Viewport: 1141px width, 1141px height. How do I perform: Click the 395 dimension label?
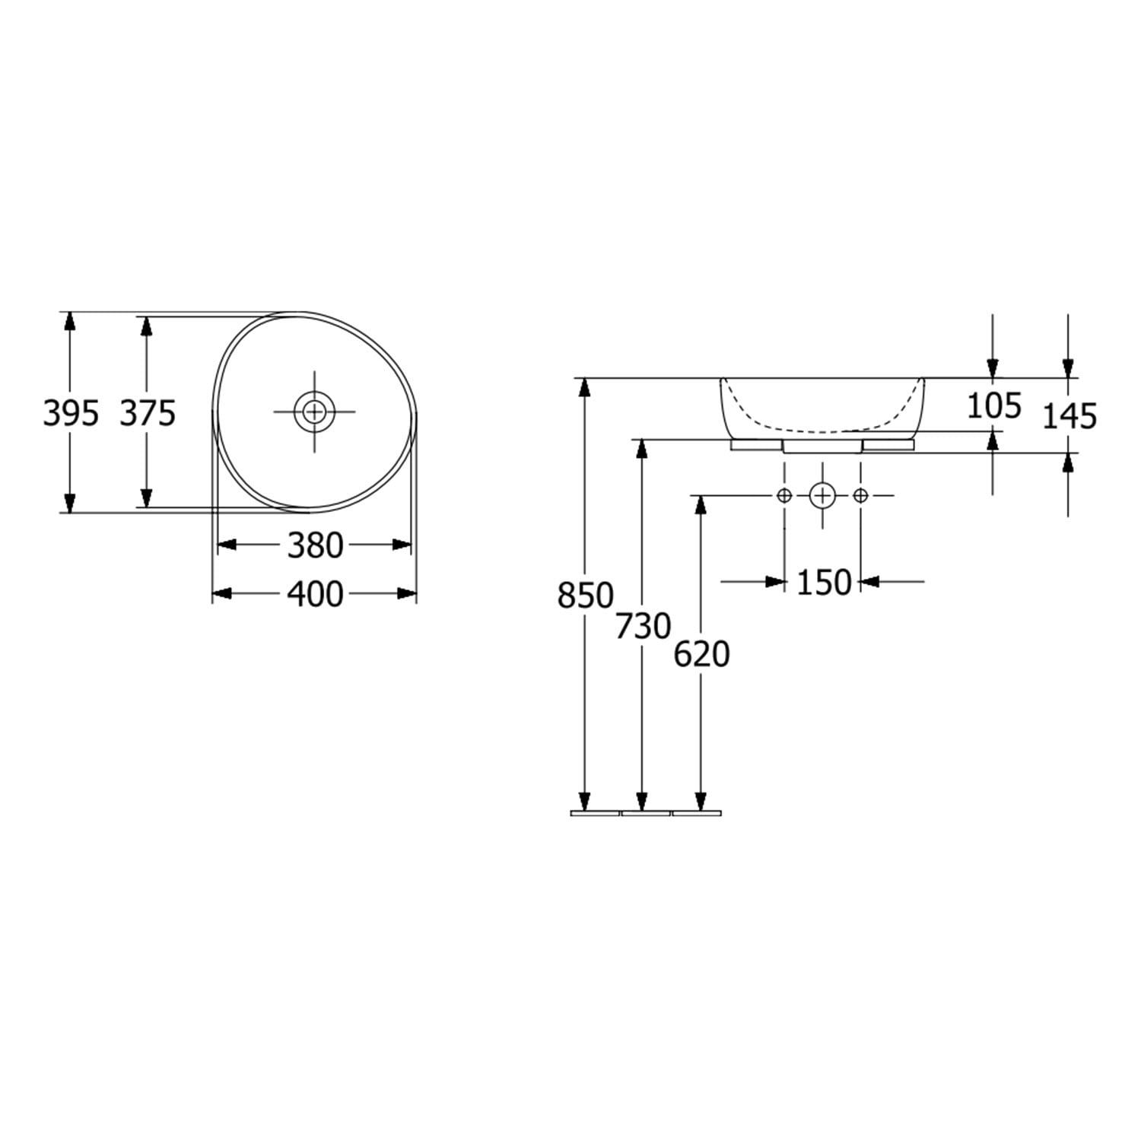pos(71,414)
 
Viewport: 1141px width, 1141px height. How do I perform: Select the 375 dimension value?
pos(148,414)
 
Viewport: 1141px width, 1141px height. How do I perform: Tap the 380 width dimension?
pos(315,545)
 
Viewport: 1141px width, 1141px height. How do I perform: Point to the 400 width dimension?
pos(315,595)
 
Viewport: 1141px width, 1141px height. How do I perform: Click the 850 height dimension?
pos(585,596)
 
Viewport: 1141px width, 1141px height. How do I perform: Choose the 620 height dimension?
pos(701,654)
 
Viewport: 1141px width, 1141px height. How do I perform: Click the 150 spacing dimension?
pos(824,583)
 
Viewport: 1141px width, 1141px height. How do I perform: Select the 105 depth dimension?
pos(993,406)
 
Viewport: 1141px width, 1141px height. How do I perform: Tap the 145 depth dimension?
pos(1069,416)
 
